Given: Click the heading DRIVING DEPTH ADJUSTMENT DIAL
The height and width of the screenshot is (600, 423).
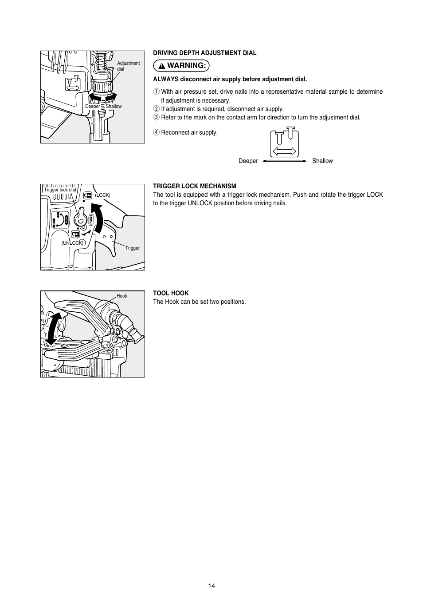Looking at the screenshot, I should click(204, 53).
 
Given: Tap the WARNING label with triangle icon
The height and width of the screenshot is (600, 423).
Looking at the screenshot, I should click(181, 66).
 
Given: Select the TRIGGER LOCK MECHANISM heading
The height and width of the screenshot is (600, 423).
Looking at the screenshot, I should click(194, 186).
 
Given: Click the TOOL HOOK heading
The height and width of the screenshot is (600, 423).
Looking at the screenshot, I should click(171, 293).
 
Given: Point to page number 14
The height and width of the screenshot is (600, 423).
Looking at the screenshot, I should click(211, 586).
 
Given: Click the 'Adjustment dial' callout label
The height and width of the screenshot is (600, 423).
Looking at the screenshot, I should click(128, 66).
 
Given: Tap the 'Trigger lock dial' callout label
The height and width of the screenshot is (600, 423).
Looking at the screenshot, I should click(60, 190).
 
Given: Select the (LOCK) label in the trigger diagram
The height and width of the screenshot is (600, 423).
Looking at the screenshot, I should click(102, 195).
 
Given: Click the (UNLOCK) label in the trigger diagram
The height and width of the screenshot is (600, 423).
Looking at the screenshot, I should click(72, 243).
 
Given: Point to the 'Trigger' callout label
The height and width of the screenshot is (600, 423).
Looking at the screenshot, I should click(132, 248).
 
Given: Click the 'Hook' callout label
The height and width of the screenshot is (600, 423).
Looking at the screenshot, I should click(121, 296).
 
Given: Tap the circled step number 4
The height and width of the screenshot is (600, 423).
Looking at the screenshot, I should click(156, 132).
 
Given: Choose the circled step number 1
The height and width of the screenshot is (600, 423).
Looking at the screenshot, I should click(156, 92).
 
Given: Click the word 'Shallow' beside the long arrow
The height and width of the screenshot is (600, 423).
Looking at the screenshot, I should click(322, 161).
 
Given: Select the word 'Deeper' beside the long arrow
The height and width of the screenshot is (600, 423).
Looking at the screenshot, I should click(248, 161).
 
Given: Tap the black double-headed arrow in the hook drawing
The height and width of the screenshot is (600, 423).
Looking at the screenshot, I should click(53, 329).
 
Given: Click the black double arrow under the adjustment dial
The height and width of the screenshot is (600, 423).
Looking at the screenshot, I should click(102, 96).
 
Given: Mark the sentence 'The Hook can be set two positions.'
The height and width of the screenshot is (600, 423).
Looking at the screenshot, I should click(199, 302).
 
